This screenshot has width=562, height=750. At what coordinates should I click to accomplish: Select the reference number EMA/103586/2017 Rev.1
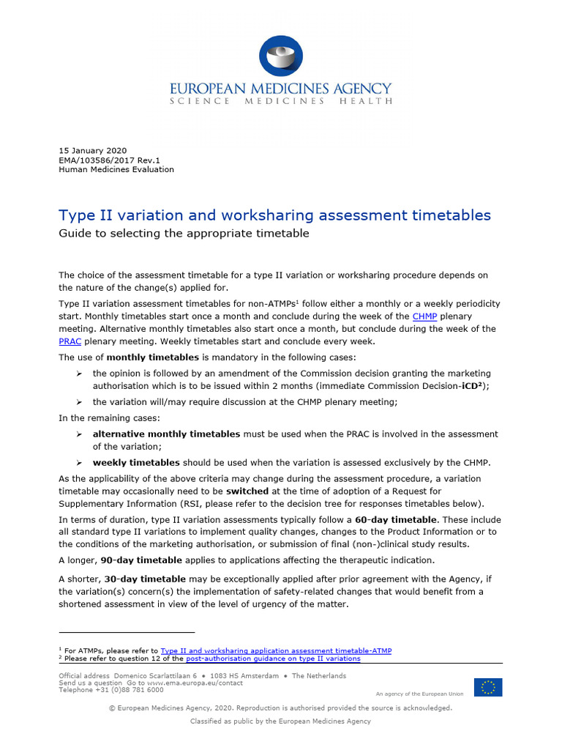click(109, 160)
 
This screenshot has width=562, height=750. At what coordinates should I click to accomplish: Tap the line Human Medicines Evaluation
click(116, 169)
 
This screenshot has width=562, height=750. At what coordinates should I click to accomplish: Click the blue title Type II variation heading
click(274, 215)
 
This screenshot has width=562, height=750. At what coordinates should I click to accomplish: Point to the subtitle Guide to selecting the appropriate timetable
click(184, 234)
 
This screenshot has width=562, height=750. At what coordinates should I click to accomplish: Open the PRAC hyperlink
click(70, 341)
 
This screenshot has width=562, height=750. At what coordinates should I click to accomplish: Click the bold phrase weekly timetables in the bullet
click(136, 462)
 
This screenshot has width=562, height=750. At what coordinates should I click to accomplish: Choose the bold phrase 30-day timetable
click(135, 578)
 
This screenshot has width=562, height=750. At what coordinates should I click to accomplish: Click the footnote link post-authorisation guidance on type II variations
click(273, 658)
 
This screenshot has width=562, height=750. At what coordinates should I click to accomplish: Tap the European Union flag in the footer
click(487, 687)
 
